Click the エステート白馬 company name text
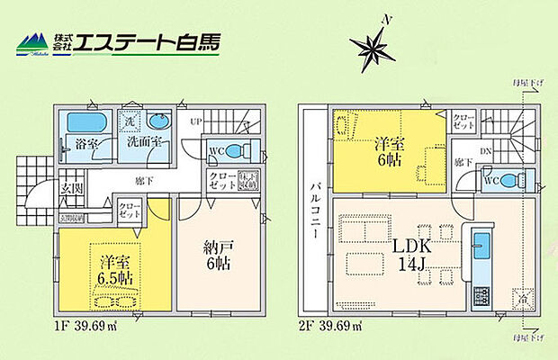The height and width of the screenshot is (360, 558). click(x=145, y=42)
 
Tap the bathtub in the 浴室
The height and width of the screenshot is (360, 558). click(x=85, y=122)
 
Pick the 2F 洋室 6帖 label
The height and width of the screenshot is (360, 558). click(x=389, y=149)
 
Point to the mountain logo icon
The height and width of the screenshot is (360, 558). click(x=31, y=42)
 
